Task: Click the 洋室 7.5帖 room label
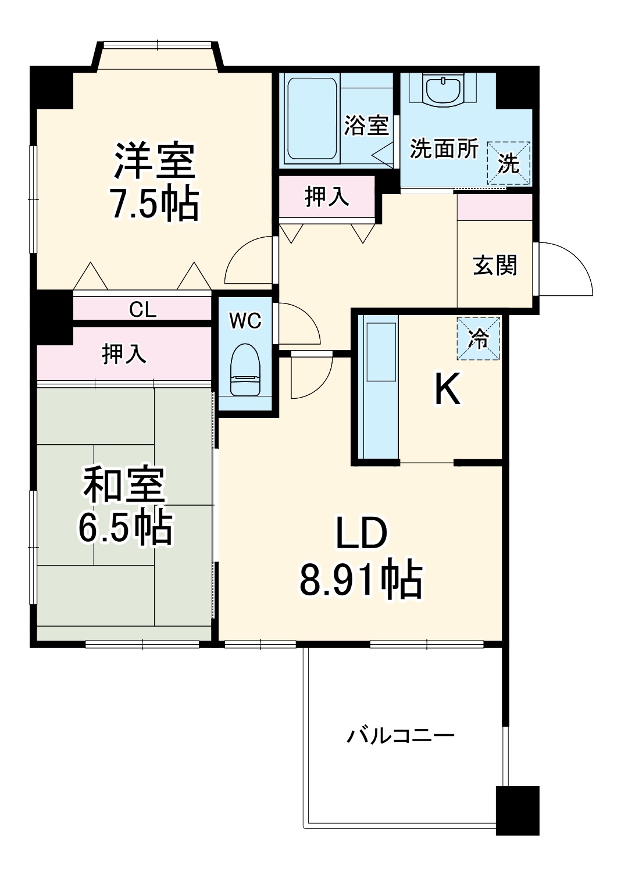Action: (155, 181)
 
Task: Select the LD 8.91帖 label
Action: (361, 557)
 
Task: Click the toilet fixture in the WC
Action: (245, 370)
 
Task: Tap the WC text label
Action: (245, 320)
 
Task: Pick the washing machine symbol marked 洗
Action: (508, 163)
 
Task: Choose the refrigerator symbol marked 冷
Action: (479, 338)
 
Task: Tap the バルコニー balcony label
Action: (401, 736)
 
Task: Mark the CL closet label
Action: (142, 309)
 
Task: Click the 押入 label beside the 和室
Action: (124, 353)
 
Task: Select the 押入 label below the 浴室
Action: (327, 197)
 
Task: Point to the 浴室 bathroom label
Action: (366, 125)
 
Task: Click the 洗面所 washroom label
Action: (444, 149)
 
